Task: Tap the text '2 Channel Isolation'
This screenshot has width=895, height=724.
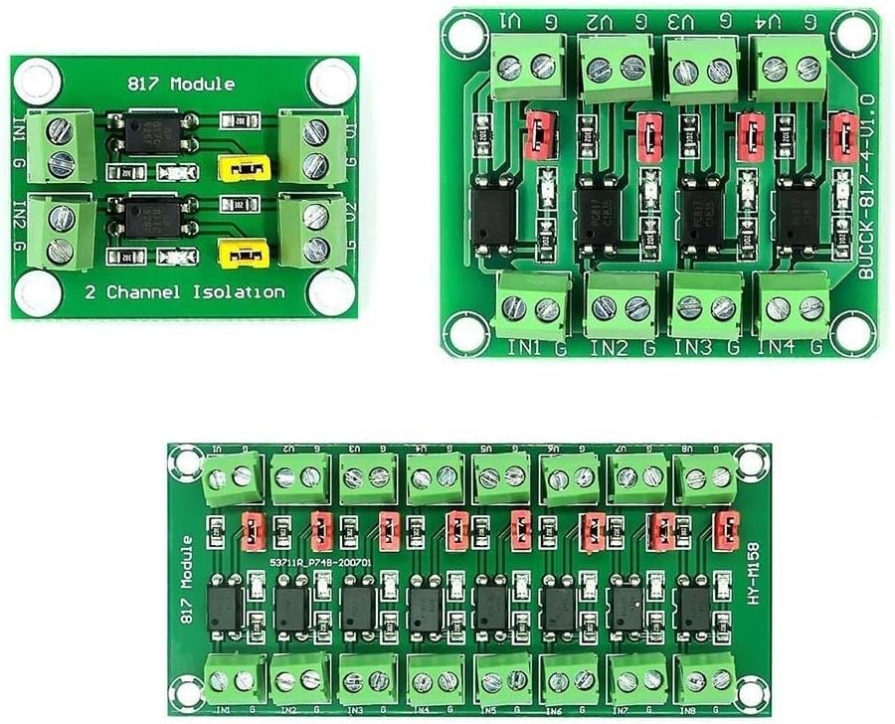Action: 185,292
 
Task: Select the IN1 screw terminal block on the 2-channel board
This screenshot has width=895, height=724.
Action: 62,146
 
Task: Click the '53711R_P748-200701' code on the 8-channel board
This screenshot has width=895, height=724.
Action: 320,562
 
